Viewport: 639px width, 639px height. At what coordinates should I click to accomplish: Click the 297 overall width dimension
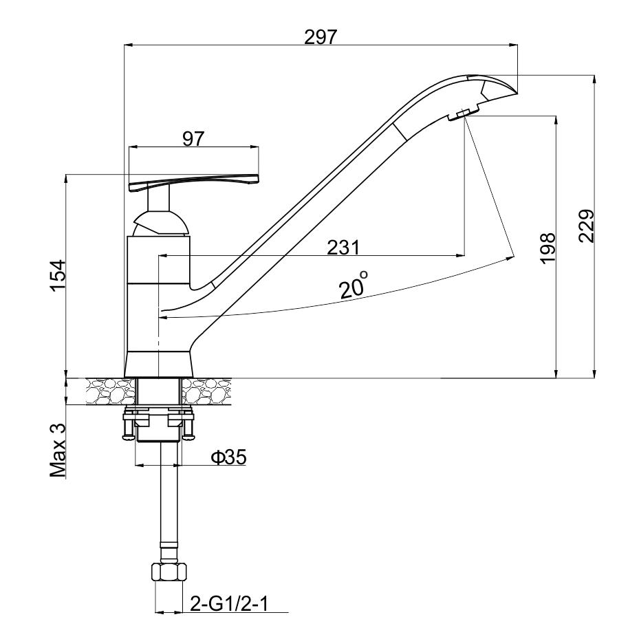(x=321, y=37)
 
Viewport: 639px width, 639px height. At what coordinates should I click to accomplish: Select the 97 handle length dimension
(x=193, y=139)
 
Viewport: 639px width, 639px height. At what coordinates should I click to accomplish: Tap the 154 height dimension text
(x=58, y=276)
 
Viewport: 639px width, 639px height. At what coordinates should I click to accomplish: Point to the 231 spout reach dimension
(x=344, y=248)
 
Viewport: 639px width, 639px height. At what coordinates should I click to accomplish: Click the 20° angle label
(x=354, y=285)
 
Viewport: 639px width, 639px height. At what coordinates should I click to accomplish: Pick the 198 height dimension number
(x=548, y=248)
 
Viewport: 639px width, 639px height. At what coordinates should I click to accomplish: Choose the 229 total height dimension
(x=587, y=226)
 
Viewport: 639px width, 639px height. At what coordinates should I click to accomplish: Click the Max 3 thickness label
(x=58, y=451)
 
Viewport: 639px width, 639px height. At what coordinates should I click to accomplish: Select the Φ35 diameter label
(x=228, y=457)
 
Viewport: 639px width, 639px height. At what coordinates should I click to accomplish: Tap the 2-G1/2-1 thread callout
(x=230, y=603)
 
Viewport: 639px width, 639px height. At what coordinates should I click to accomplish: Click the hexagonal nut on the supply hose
(x=169, y=572)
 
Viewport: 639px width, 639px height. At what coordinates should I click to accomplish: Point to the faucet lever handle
(x=193, y=182)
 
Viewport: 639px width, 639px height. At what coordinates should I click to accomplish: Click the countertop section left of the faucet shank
(x=110, y=391)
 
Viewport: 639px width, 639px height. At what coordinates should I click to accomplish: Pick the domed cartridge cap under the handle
(x=160, y=224)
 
